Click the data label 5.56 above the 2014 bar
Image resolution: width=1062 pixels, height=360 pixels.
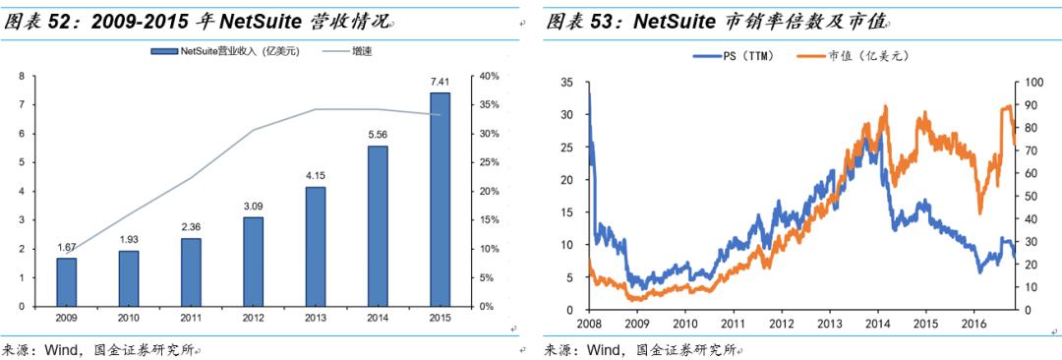[378, 136]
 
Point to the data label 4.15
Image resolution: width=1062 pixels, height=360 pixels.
[315, 176]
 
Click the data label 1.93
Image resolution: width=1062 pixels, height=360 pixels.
[128, 240]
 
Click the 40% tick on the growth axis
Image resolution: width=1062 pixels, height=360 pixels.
[489, 76]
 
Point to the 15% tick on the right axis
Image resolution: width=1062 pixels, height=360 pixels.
[489, 219]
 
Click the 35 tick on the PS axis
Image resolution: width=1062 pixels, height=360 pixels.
[565, 83]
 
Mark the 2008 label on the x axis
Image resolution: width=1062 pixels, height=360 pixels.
[589, 324]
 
